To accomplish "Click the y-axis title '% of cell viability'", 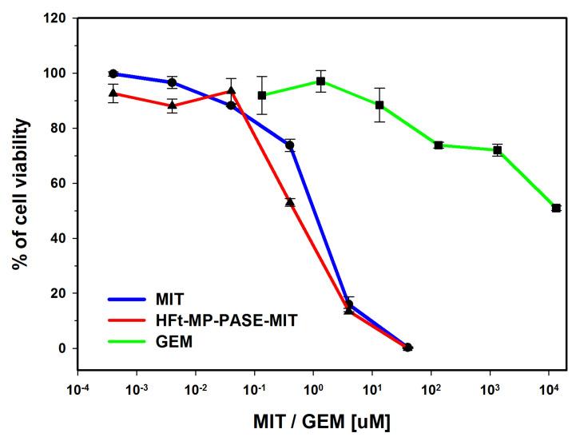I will [21, 194].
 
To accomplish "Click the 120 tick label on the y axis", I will [54, 18].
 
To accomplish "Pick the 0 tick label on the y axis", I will [61, 348].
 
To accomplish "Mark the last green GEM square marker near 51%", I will [556, 208].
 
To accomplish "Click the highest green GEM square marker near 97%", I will [320, 81].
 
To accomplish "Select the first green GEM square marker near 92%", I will [261, 95].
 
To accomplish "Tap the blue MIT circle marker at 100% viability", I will [113, 73].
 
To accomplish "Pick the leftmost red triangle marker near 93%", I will [113, 93].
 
